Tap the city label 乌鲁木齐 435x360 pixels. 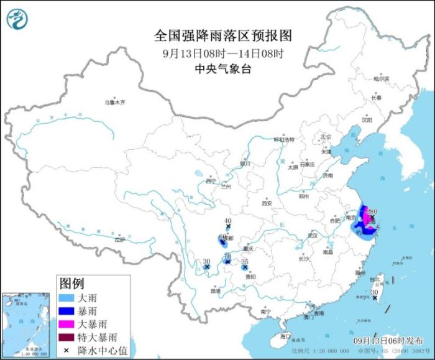coord(114,102)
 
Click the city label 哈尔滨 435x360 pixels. coord(381,79)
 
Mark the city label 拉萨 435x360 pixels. coord(120,239)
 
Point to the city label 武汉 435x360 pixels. coord(313,236)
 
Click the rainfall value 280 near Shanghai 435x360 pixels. coord(372,211)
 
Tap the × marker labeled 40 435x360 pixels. coord(228,228)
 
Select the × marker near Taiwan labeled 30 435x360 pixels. coord(374,298)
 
